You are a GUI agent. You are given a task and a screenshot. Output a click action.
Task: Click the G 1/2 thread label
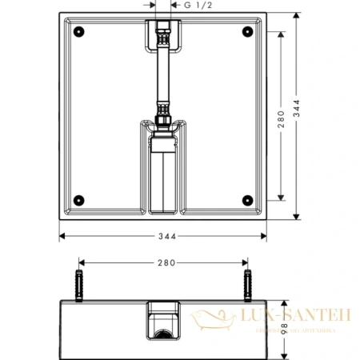(200, 6)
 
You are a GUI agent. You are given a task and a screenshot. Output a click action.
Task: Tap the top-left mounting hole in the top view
(78, 33)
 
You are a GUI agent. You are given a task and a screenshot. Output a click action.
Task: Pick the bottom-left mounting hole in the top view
(78, 199)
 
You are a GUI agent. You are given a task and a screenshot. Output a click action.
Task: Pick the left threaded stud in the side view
(78, 283)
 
